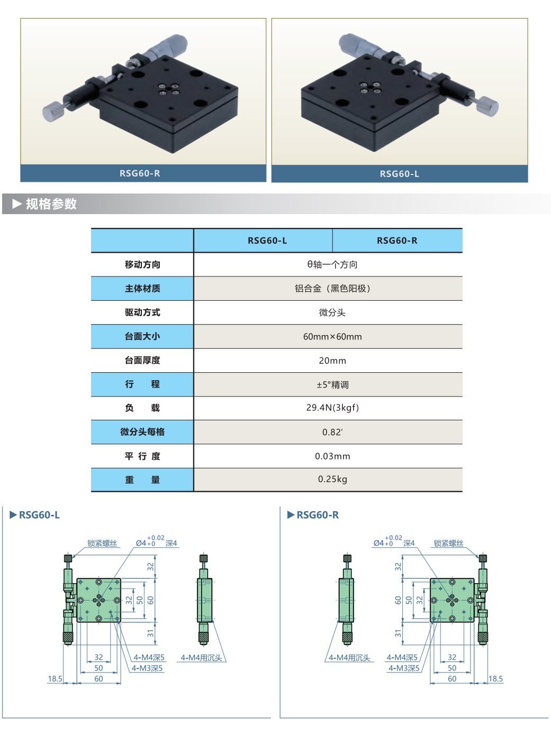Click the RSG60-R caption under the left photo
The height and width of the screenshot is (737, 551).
tap(140, 173)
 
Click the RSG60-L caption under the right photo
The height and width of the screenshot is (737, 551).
tap(400, 174)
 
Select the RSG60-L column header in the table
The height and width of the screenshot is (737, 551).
tap(267, 241)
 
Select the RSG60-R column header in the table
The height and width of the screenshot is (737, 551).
tap(397, 241)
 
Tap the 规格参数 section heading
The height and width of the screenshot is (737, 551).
tap(51, 204)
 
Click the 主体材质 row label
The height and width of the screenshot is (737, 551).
tap(142, 289)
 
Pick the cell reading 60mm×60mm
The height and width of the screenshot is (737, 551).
tap(332, 336)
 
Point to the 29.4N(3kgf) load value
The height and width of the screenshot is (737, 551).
tap(332, 408)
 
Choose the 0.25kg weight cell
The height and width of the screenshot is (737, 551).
tap(332, 479)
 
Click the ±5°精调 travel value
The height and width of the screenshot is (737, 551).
tap(332, 384)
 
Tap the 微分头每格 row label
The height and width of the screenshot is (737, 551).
tap(142, 432)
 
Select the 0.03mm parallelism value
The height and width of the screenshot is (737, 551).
tap(332, 456)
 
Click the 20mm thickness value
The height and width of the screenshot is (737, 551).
tap(332, 361)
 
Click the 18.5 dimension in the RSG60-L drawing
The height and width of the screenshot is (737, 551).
tap(55, 678)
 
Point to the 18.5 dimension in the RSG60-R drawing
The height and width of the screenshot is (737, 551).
tap(495, 678)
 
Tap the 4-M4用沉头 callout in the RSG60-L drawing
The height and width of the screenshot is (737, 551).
tap(201, 658)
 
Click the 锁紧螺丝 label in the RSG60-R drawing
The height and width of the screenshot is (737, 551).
tap(448, 543)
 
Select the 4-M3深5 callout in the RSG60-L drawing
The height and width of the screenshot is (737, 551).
tap(147, 668)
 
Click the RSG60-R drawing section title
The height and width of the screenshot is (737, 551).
tap(318, 515)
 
